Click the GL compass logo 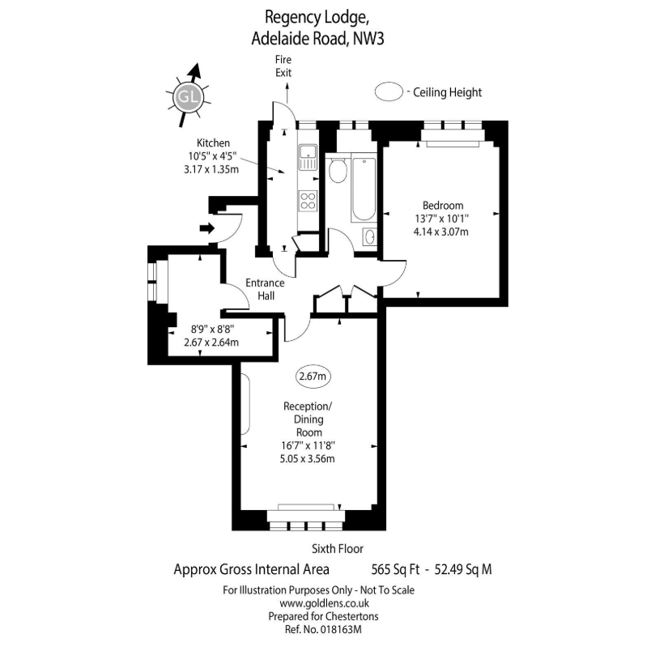pos(188,96)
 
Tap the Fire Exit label pos(283,66)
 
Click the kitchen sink pos(307,157)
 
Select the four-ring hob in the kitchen pos(308,200)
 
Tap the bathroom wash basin pos(368,237)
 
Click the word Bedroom pos(443,205)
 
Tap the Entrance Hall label pos(266,289)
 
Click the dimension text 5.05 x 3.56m pos(308,459)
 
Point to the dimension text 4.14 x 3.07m pos(442,232)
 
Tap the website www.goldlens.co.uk pos(325,602)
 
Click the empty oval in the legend pos(390,92)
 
